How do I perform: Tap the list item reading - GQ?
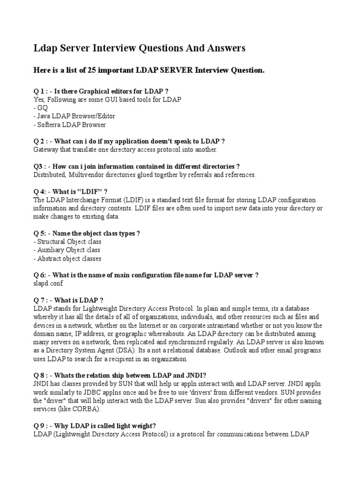(38, 108)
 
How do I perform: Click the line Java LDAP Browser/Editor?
(74, 116)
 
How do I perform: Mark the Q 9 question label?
(41, 426)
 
